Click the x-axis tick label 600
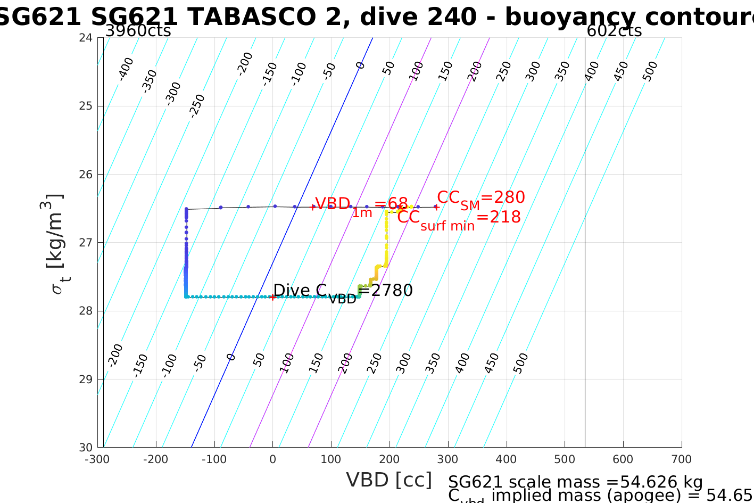(623, 459)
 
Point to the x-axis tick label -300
(97, 459)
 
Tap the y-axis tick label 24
(86, 38)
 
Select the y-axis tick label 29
(86, 380)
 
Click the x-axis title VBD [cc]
(389, 480)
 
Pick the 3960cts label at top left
(138, 31)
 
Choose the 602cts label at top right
(614, 31)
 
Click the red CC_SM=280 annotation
(480, 198)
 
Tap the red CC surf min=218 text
(459, 218)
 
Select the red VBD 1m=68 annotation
(361, 205)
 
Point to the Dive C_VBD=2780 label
(343, 291)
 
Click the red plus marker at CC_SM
(436, 207)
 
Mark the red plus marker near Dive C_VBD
(273, 297)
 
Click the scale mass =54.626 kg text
(575, 482)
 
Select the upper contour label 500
(650, 71)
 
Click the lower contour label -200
(115, 356)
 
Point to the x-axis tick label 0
(273, 459)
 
